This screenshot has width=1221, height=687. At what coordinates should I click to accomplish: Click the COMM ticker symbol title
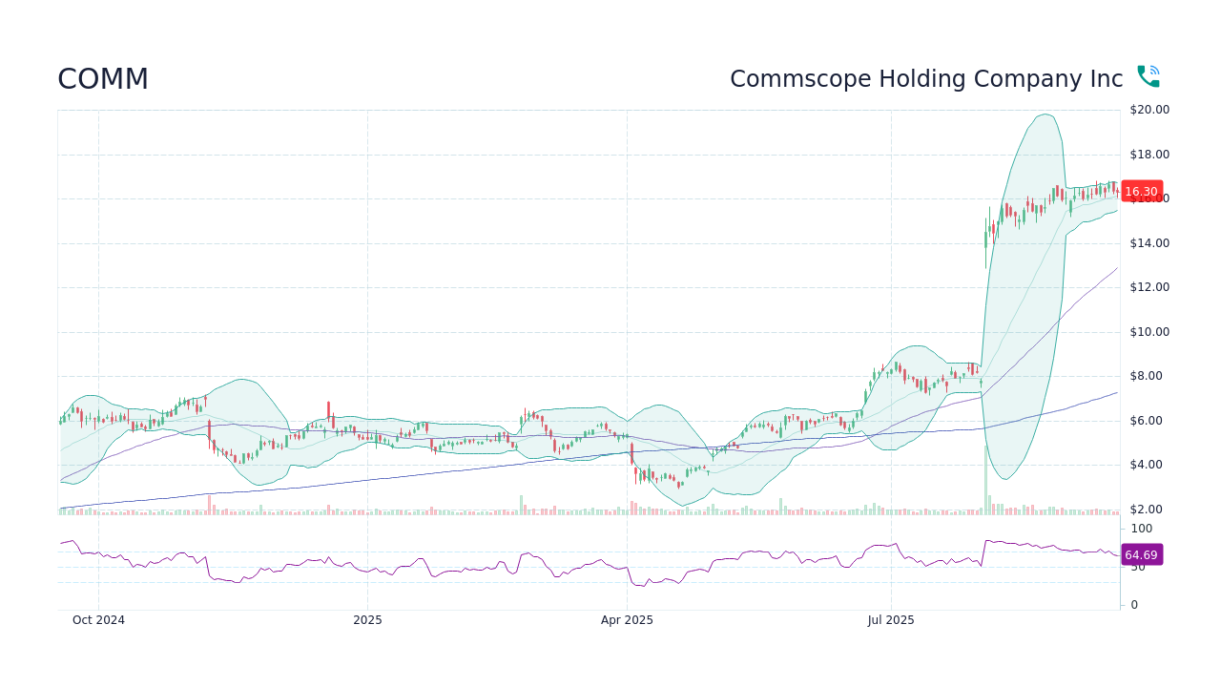click(103, 79)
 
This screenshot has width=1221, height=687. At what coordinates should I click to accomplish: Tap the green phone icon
click(1148, 76)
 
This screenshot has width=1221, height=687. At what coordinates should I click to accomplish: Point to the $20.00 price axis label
click(1149, 110)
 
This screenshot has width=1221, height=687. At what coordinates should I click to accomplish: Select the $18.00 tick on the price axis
click(1149, 155)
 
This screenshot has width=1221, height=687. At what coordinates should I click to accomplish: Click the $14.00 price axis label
click(1149, 243)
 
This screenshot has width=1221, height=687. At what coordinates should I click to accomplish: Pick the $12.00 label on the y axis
click(1149, 287)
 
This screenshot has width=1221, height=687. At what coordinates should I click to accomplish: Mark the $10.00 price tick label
click(1149, 332)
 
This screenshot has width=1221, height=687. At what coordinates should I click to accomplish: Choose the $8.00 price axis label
click(1149, 376)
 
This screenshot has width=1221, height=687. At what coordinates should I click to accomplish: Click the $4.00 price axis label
click(1149, 465)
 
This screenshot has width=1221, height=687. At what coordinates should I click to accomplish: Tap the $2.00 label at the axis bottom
click(1149, 510)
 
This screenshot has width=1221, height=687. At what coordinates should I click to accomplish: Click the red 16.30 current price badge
click(1141, 192)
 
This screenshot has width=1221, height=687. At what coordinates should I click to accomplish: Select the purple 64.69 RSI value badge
click(1141, 555)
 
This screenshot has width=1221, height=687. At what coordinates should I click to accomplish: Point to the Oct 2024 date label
click(98, 620)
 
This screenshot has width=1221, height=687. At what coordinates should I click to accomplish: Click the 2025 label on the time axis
click(367, 620)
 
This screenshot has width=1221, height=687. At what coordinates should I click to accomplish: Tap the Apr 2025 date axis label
click(627, 620)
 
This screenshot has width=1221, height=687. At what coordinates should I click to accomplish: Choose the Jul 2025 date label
click(891, 620)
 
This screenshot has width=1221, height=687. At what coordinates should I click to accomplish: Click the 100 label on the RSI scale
click(1141, 529)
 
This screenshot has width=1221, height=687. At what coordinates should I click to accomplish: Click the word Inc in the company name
click(1106, 79)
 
